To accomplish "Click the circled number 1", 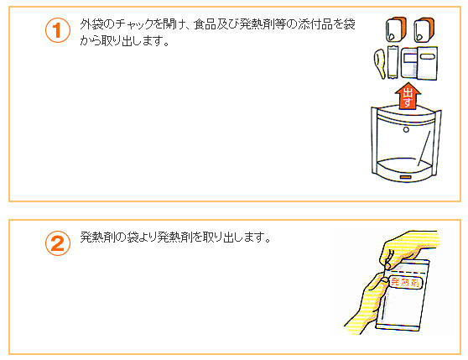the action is (58, 30).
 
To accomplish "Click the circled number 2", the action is (58, 243).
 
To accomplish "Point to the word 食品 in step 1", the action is (205, 24).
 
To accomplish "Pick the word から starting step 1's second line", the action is (90, 40).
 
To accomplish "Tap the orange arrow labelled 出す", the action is (408, 97).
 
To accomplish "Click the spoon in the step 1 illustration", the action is (380, 64).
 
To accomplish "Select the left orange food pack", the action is (396, 29).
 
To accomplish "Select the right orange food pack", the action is (424, 29).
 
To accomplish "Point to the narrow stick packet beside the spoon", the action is (393, 62).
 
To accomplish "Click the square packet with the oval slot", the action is (427, 63).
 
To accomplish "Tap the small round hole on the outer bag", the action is (406, 129).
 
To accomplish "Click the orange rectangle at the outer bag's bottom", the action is (406, 177).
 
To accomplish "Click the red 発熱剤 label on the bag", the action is (405, 282).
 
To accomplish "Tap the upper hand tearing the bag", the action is (409, 248).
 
